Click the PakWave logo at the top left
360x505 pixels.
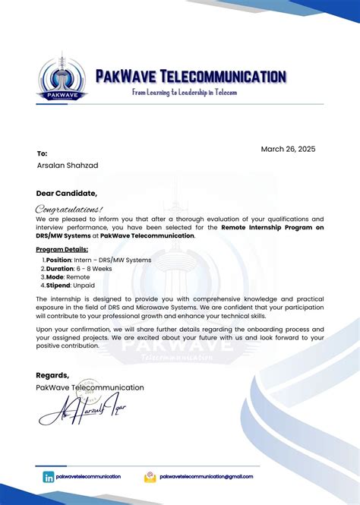[x=63, y=78]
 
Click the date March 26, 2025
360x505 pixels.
[x=288, y=150]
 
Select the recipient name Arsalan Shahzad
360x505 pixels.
[x=67, y=166]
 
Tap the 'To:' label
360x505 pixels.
[x=42, y=153]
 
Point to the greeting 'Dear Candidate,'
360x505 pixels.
[x=66, y=193]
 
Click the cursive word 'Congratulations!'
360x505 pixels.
[x=69, y=208]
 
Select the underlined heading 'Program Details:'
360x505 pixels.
[x=62, y=249]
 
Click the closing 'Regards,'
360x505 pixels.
[x=52, y=375]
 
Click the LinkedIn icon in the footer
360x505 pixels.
[x=49, y=477]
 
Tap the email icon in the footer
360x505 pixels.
[x=150, y=477]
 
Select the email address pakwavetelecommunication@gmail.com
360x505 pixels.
[x=206, y=477]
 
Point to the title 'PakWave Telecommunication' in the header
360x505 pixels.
[x=191, y=76]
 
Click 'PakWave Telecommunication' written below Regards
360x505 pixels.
[x=90, y=387]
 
